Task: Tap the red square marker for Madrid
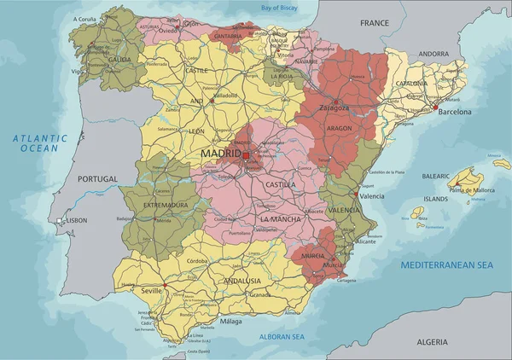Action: pyautogui.click(x=246, y=155)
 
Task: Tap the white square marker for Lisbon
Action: pyautogui.click(x=59, y=221)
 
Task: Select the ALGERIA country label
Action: pyautogui.click(x=432, y=341)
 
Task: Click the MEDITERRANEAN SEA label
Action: pyautogui.click(x=448, y=265)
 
